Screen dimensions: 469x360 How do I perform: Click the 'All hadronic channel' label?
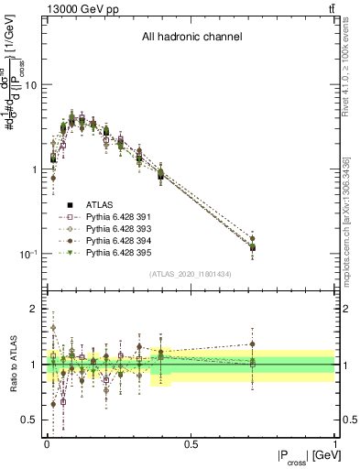point(191,38)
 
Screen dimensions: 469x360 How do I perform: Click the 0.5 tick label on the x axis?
point(191,444)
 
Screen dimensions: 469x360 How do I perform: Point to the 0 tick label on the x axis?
point(48,444)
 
